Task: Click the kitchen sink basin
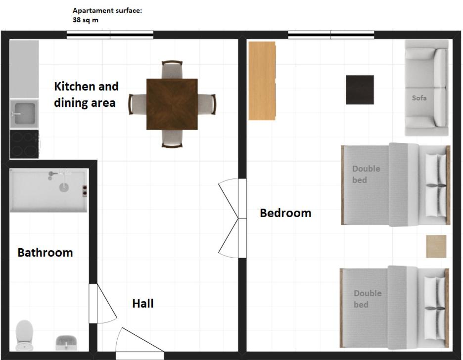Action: pyautogui.click(x=24, y=114)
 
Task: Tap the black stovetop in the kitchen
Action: pyautogui.click(x=24, y=144)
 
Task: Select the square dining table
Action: pyautogui.click(x=172, y=104)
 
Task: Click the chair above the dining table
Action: pyautogui.click(x=172, y=70)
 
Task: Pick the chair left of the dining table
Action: pyautogui.click(x=138, y=104)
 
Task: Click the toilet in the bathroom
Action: pyautogui.click(x=24, y=335)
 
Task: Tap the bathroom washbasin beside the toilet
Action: pyautogui.click(x=66, y=343)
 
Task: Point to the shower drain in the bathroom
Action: pyautogui.click(x=64, y=187)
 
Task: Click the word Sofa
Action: pyautogui.click(x=419, y=98)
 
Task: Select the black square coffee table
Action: pyautogui.click(x=360, y=90)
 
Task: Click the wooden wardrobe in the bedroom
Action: pyautogui.click(x=262, y=81)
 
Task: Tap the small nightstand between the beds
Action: pyautogui.click(x=436, y=246)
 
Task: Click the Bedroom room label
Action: pyautogui.click(x=285, y=213)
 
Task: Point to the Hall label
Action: pyautogui.click(x=143, y=304)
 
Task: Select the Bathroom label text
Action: pyautogui.click(x=45, y=253)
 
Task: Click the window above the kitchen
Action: pyautogui.click(x=110, y=35)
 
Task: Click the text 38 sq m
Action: pyautogui.click(x=86, y=20)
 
